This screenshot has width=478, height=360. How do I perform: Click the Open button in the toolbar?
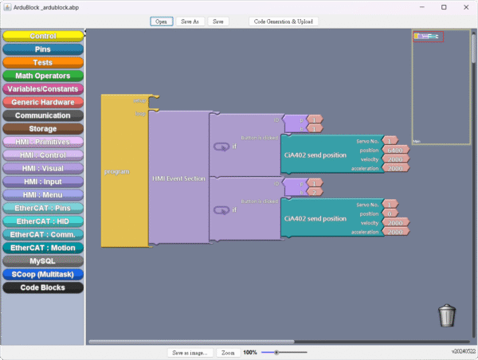click(x=161, y=22)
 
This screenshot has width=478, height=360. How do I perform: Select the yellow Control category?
click(x=43, y=36)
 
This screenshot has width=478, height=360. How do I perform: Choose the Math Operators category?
click(x=43, y=76)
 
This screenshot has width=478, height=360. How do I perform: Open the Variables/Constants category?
click(x=43, y=89)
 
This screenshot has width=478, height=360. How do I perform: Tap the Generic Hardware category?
click(x=43, y=102)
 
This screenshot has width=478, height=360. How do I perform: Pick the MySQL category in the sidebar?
click(x=43, y=261)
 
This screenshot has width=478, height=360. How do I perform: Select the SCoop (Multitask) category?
click(x=43, y=274)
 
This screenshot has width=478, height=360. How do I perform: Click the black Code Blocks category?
click(x=43, y=288)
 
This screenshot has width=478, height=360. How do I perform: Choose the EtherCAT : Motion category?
click(x=43, y=248)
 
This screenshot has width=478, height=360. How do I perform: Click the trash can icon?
click(x=447, y=315)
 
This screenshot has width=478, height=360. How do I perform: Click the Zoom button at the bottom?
click(x=228, y=352)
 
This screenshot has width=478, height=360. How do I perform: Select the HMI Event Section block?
click(x=178, y=178)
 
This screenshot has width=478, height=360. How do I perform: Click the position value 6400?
click(x=395, y=150)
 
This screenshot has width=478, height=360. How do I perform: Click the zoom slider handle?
click(x=276, y=352)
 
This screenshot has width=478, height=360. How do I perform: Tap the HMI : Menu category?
click(x=43, y=195)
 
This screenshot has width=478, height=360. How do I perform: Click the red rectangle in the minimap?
click(x=429, y=36)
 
